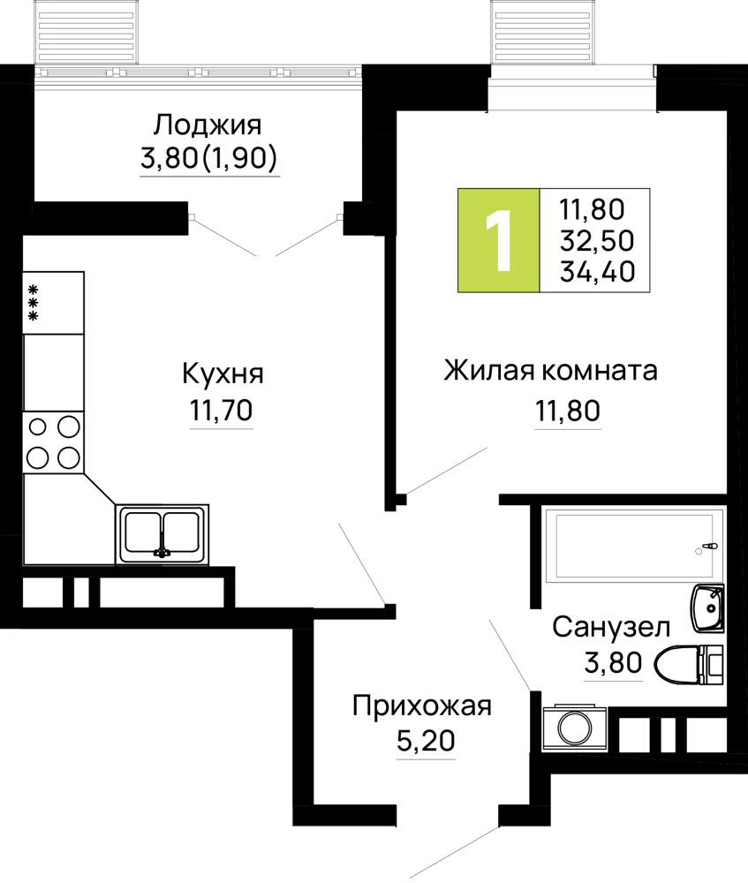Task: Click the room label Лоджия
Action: (208, 125)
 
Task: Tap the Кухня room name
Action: (223, 374)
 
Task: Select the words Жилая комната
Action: (550, 371)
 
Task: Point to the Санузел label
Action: (611, 627)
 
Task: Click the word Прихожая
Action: (422, 706)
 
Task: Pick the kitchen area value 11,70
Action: (222, 411)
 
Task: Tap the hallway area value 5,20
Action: (426, 741)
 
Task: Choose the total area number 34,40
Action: (598, 271)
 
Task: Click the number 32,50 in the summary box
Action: (597, 241)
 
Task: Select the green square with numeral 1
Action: (498, 240)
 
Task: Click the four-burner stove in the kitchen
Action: (53, 442)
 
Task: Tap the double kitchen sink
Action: (162, 534)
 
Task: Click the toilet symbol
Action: (689, 665)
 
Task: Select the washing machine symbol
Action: (575, 728)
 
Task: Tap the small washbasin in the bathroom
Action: (708, 608)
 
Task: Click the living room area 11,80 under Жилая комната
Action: (568, 411)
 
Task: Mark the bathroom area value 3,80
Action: (614, 663)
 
